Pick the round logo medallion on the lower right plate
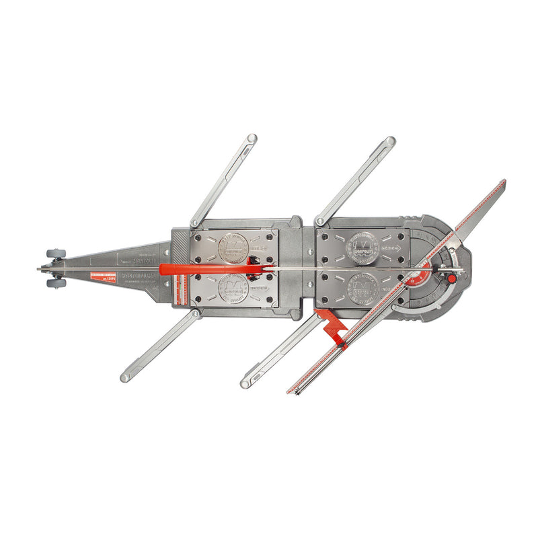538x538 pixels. (x=362, y=290)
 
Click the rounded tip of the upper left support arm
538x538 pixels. (x=252, y=139)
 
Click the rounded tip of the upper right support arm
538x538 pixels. (x=390, y=141)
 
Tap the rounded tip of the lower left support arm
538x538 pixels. (x=126, y=377)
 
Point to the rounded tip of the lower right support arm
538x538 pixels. (x=246, y=383)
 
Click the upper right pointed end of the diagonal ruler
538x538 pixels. (x=503, y=183)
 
